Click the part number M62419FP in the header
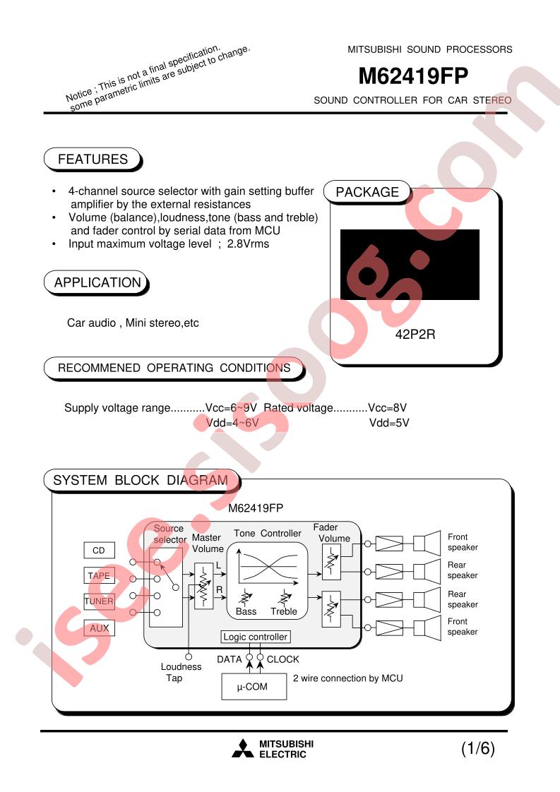(413, 76)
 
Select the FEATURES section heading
(93, 159)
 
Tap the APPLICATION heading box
(97, 282)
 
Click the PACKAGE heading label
(367, 193)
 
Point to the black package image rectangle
(410, 265)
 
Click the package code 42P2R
(415, 335)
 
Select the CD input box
(99, 550)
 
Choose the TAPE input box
(99, 576)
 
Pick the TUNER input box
(99, 601)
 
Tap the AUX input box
(99, 628)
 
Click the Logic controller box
(255, 637)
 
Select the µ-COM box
(254, 687)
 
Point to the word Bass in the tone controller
(246, 612)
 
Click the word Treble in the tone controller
(284, 612)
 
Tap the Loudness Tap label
(181, 672)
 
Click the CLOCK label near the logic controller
(283, 660)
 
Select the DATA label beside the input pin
(229, 660)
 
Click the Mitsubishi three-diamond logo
(243, 748)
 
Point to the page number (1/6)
(477, 748)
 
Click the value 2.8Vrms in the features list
(248, 244)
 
